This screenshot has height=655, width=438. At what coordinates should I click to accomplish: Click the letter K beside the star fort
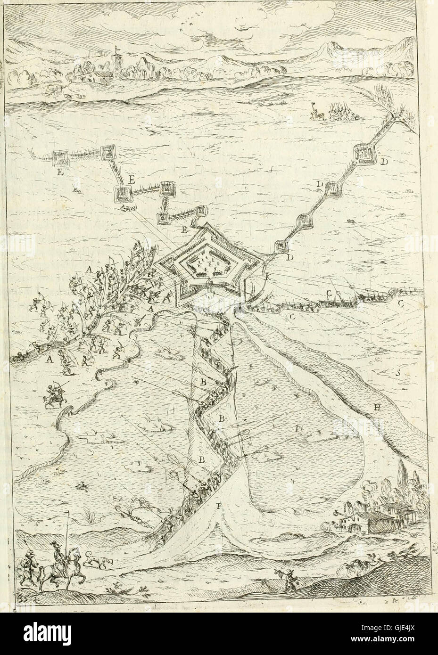(x=268, y=278)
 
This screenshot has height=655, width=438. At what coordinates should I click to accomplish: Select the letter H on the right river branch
(x=377, y=408)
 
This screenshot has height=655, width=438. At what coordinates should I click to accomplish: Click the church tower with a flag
(x=115, y=59)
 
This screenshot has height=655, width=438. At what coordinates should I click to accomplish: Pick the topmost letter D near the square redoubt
(x=384, y=162)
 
